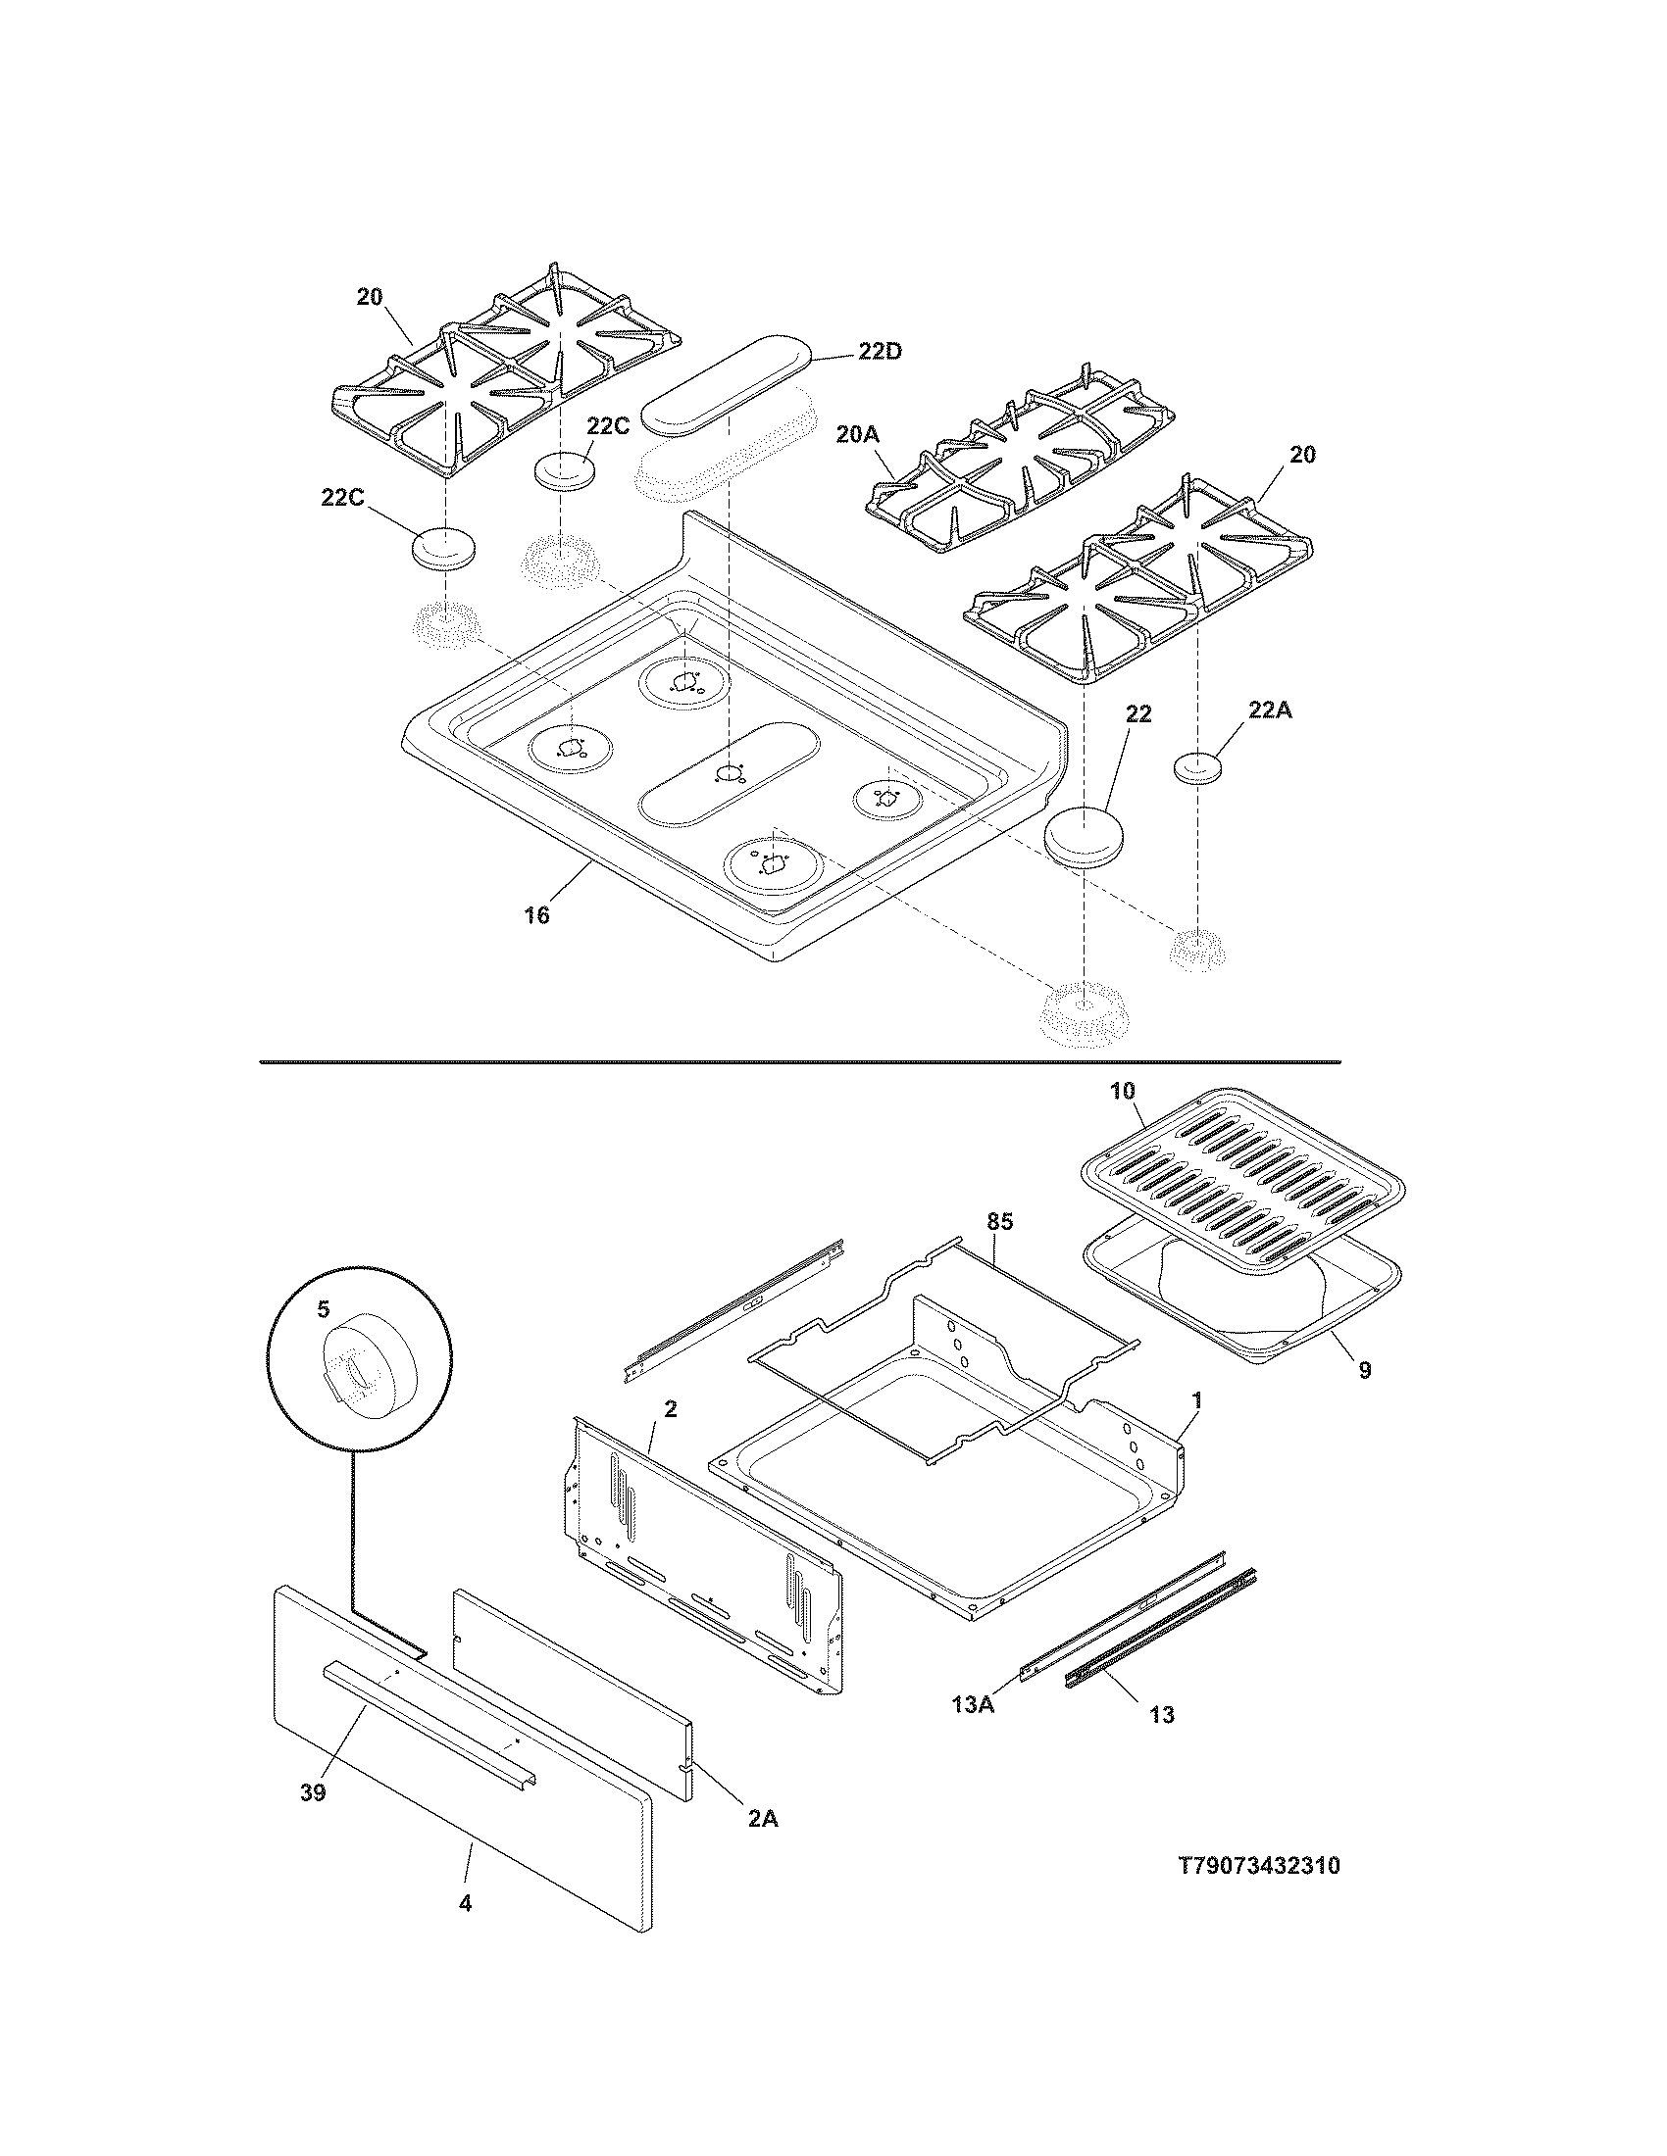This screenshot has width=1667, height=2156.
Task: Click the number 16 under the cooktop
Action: [536, 915]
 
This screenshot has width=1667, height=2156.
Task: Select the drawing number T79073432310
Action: [1259, 1894]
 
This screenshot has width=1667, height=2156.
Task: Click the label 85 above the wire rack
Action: [999, 1222]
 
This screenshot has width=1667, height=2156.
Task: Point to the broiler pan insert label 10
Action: [1123, 1091]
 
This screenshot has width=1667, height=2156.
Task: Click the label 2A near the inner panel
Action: [761, 1818]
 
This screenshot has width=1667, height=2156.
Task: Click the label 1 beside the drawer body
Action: [1197, 1399]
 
